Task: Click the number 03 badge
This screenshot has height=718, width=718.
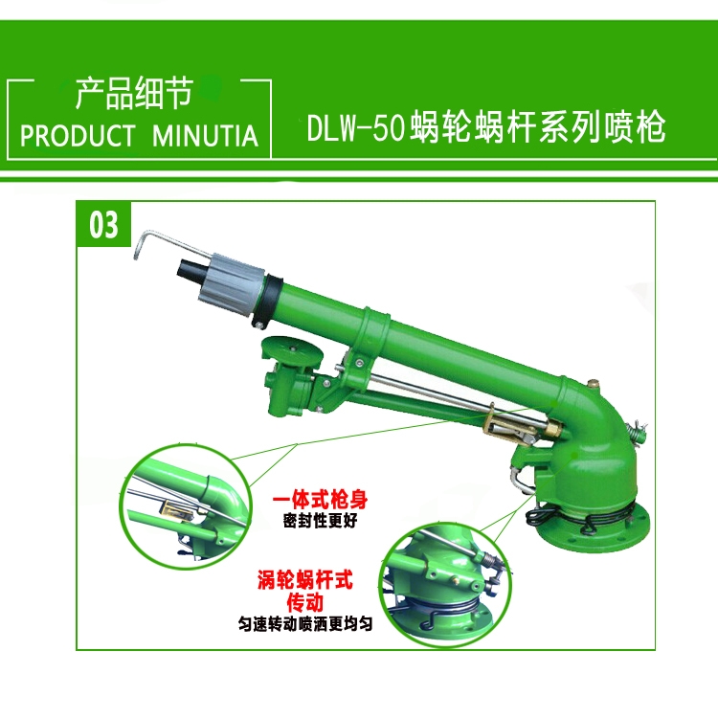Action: tap(103, 224)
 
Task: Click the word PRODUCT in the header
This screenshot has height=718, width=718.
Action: tap(78, 136)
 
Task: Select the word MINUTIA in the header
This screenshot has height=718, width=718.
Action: tap(205, 136)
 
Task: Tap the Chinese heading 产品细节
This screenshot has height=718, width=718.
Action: tap(135, 94)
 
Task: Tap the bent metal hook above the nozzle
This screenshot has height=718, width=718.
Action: tap(170, 244)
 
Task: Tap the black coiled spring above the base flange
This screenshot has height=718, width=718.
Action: tap(581, 517)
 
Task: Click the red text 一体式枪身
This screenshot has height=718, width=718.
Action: tap(320, 500)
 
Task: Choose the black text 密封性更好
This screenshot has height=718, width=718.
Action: tap(320, 520)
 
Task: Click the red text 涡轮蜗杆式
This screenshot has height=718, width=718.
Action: tap(305, 580)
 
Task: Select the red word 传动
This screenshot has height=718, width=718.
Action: tap(305, 602)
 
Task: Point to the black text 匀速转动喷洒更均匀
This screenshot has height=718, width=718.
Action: tap(305, 623)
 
